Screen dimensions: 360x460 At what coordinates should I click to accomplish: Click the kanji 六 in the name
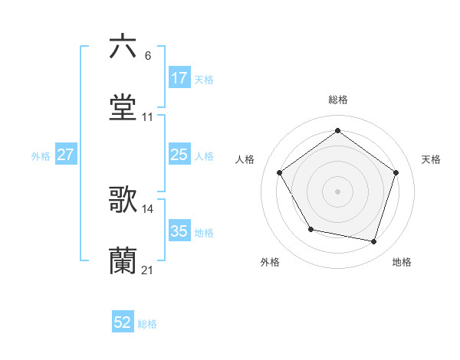coord(123,47)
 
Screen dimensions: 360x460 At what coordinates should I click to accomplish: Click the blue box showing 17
coord(179,78)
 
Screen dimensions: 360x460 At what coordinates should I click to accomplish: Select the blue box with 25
coord(179,155)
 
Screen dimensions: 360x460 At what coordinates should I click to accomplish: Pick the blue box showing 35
coord(179,231)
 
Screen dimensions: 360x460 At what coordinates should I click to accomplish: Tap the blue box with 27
coord(66,155)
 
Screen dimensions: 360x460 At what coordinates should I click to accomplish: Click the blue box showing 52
coord(123,323)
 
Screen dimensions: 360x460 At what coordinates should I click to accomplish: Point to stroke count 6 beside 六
coord(148,56)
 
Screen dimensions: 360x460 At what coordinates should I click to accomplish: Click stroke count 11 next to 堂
coord(148,117)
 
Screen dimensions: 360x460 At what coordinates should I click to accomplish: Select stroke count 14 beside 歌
coord(148,208)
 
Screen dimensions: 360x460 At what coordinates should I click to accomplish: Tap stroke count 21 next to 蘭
coord(148,270)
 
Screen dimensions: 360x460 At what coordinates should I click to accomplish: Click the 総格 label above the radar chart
coord(337,100)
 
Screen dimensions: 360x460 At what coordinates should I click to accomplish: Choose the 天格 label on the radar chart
coord(431,159)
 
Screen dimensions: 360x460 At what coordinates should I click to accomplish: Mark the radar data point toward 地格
coord(373,241)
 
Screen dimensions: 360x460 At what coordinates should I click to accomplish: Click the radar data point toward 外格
coord(310,229)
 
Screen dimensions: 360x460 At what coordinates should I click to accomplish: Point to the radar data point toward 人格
coord(280,173)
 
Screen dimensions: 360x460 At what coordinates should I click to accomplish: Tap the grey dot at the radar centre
coord(337,191)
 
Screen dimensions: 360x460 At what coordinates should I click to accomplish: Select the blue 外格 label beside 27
coord(41,155)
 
